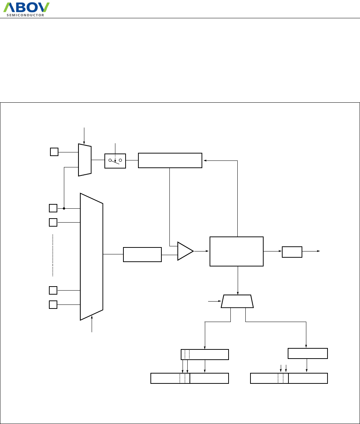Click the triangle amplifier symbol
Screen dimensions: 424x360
pos(185,251)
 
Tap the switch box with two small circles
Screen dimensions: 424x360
pos(115,161)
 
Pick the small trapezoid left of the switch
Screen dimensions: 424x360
pos(85,160)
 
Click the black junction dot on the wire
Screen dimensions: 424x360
pos(64,208)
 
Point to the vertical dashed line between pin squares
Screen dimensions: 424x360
pos(53,255)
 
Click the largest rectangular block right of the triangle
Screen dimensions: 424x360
pos(236,251)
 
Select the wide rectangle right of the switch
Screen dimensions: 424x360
pos(170,160)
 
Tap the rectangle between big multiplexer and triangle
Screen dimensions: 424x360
pos(142,254)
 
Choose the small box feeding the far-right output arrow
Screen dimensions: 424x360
pos(292,252)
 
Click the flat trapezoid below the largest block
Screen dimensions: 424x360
pos(237,301)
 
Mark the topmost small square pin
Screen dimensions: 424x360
pos(54,152)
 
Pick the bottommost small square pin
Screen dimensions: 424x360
pos(53,304)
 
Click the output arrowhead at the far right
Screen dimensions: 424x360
pos(318,251)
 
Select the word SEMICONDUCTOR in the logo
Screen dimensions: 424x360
pos(26,15)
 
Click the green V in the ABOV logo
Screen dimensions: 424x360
pos(43,7)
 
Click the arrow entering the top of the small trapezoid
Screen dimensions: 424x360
pos(84,142)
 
